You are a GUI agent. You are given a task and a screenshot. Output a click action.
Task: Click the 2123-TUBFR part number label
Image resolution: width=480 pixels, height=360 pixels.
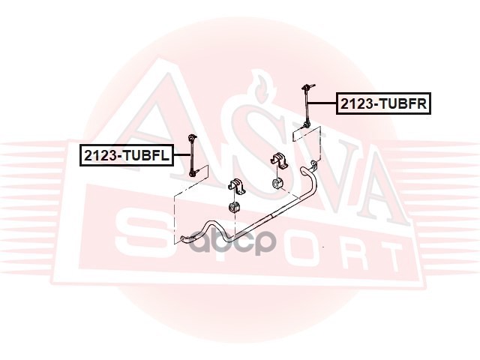385,103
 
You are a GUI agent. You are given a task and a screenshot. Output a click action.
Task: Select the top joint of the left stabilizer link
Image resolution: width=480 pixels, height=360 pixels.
191,139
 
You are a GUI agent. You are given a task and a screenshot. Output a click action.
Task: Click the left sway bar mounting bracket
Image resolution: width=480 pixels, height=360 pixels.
233,186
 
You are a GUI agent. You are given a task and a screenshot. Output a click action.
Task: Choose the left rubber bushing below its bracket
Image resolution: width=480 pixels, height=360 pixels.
233,206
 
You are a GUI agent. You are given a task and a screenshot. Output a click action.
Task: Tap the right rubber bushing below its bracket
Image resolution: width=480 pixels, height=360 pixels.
277,183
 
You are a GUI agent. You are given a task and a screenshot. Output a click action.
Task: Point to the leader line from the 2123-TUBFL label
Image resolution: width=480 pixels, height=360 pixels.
180,155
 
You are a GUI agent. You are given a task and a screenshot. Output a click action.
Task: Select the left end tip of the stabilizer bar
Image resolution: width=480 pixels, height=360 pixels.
185,239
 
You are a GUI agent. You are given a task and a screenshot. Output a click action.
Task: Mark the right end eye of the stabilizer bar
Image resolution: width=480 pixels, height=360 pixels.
313,164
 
